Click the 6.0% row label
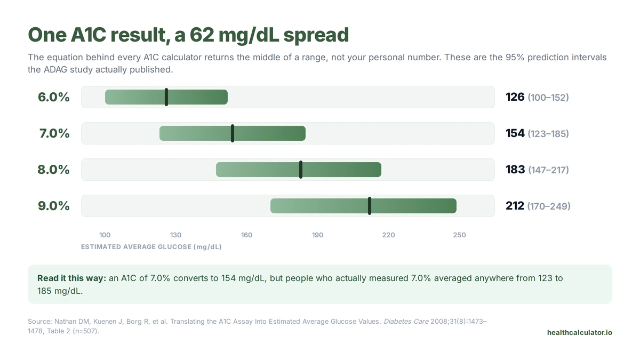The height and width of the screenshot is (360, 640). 54,97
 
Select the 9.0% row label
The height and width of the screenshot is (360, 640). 54,206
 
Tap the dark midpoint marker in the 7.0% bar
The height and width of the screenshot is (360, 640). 233,133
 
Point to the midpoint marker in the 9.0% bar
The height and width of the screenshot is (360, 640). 370,206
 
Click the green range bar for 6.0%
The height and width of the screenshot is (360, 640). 166,97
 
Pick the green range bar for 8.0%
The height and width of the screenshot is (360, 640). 299,170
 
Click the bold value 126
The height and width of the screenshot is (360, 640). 515,97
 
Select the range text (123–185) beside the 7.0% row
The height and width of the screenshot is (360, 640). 548,134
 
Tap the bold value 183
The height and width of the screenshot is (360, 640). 515,170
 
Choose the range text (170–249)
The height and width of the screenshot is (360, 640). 549,206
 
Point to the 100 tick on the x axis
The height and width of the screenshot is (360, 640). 105,235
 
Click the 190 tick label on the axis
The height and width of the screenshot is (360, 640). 317,235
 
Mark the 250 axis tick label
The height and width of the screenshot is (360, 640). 459,235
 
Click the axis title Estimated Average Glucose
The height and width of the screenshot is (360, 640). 151,247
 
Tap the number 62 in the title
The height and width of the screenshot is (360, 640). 202,35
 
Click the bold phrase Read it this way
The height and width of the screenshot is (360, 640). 71,278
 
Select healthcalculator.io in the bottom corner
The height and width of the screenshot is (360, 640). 580,333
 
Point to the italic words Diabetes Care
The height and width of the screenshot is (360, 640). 406,322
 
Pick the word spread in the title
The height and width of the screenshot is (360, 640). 316,35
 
